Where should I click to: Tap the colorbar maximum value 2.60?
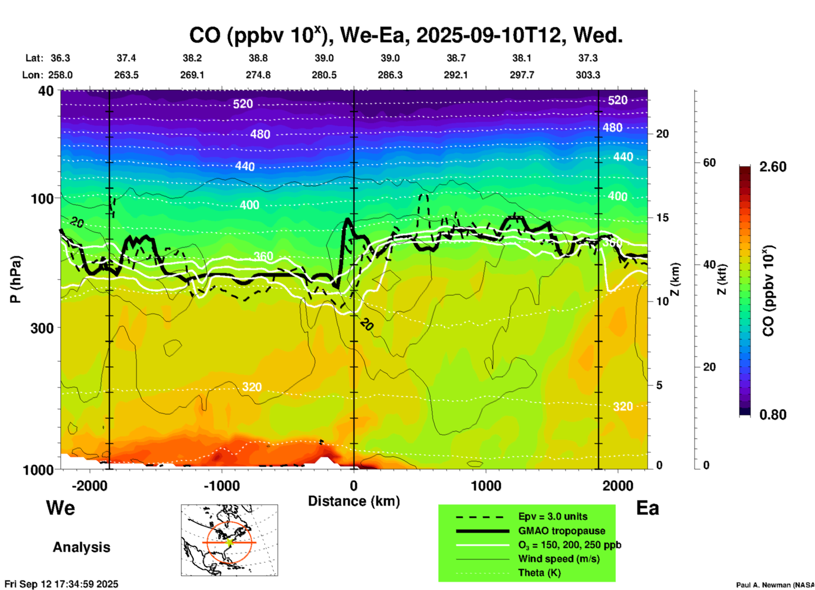[773, 167]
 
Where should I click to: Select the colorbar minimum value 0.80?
[773, 415]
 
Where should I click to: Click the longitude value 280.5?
[324, 75]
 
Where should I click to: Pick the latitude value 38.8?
[258, 58]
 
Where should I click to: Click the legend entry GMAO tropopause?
[562, 531]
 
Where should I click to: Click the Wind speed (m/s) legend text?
[559, 559]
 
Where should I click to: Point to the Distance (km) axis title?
[354, 501]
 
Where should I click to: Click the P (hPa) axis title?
[16, 279]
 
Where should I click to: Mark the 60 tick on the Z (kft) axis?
[709, 163]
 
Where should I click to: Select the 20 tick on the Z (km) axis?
[662, 134]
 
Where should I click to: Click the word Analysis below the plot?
[81, 547]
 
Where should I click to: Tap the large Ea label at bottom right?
[647, 508]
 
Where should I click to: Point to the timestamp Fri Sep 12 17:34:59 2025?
[61, 584]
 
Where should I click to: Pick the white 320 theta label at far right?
[623, 406]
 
